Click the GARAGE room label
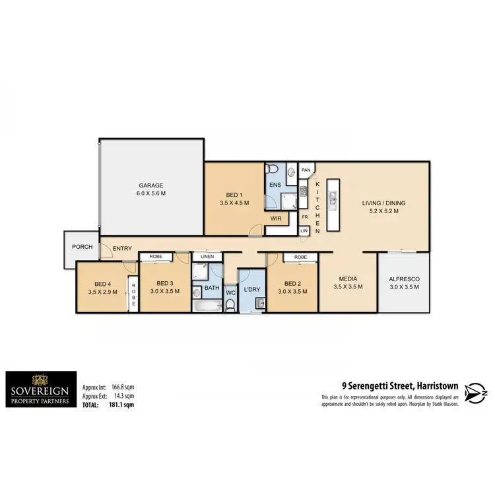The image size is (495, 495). point(151,185)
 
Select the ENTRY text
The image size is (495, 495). point(122,249)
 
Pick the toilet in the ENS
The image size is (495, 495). point(273,170)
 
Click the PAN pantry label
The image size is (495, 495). point(306,170)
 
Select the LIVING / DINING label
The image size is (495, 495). point(383,203)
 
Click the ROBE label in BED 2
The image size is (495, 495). point(301,257)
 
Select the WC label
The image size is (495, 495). point(230,292)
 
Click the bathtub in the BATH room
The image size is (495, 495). point(207,306)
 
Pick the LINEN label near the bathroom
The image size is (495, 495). point(207,257)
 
